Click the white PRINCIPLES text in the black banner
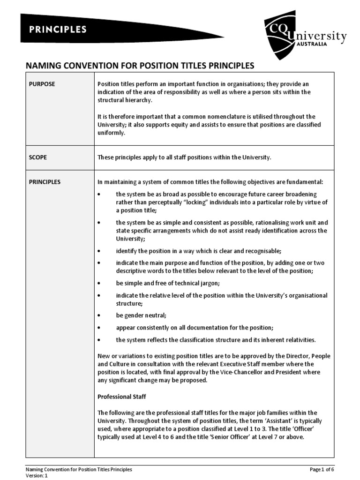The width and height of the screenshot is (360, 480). click(58, 29)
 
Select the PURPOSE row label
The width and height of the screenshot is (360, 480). click(42, 84)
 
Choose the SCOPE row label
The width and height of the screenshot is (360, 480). click(38, 157)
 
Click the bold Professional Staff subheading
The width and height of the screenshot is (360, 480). click(122, 397)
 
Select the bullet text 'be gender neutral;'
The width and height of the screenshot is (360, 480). click(141, 315)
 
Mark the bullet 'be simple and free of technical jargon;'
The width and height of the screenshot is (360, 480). click(168, 284)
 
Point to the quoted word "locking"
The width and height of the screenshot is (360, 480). click(187, 202)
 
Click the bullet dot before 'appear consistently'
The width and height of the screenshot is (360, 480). click(99, 327)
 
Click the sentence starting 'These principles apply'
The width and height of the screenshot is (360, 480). click(184, 157)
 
